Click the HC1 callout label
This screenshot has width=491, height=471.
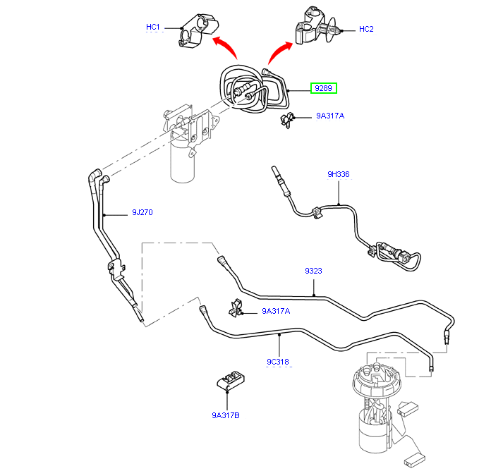pos(153,27)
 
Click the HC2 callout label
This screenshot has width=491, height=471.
pos(366,29)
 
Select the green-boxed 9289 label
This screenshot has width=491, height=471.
pos(324,88)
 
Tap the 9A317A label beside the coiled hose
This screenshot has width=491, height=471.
pos(330,116)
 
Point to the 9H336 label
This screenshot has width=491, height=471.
pos(338,174)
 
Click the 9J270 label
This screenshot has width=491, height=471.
pos(143,212)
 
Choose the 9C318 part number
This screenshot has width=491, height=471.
pos(278,362)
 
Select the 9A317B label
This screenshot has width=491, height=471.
pos(226,416)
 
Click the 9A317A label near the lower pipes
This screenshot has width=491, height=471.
pos(276,310)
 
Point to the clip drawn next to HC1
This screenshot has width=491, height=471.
pos(193,32)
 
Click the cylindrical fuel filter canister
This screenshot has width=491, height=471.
pos(184,161)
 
